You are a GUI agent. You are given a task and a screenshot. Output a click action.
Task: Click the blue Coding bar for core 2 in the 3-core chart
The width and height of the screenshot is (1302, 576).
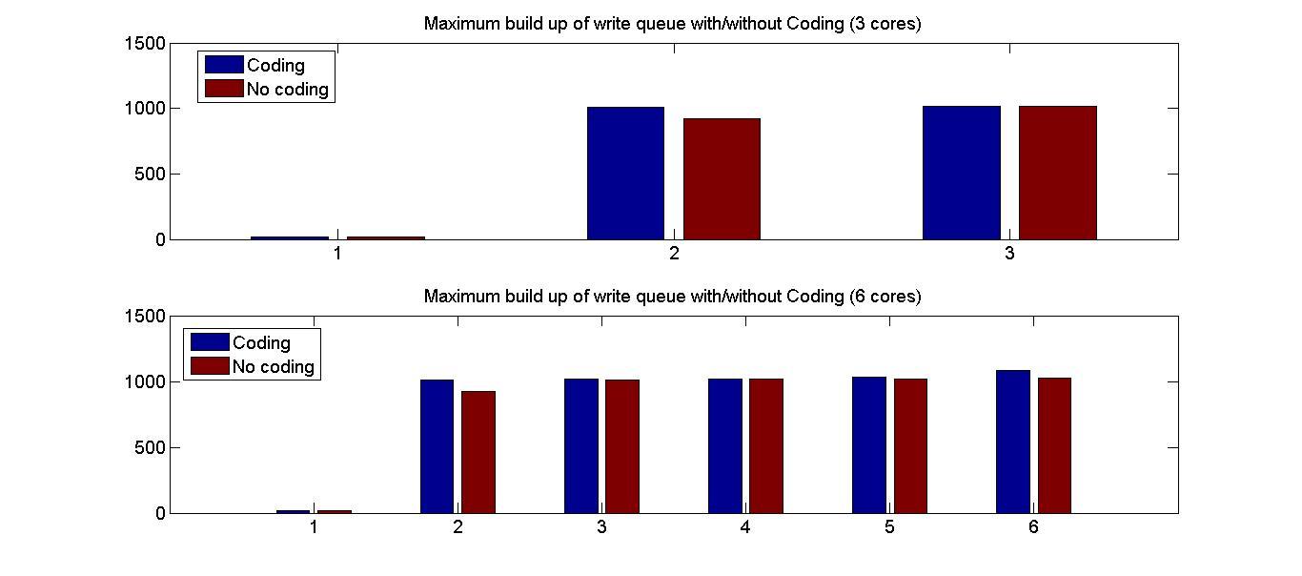tap(625, 174)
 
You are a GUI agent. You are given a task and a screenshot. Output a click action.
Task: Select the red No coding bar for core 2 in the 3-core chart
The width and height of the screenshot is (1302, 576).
tap(722, 179)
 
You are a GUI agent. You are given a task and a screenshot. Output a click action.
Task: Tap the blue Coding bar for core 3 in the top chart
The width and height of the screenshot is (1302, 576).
tap(961, 173)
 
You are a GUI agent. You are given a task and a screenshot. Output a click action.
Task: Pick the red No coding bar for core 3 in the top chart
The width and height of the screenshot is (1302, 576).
tap(1057, 173)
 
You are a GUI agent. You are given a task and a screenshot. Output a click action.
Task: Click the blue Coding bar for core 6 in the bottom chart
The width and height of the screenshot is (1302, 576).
tap(1012, 442)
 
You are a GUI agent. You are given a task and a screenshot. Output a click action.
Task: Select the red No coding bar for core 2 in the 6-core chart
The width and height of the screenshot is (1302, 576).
tap(478, 452)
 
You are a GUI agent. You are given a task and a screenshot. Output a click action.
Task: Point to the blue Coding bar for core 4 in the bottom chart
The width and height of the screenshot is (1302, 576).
tap(724, 446)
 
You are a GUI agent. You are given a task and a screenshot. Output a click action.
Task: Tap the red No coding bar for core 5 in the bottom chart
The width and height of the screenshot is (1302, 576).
tap(910, 446)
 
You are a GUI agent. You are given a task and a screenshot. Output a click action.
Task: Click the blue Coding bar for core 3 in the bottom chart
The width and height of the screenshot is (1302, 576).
tap(580, 446)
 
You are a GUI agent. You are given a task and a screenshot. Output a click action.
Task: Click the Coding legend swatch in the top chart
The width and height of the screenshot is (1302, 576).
tap(223, 65)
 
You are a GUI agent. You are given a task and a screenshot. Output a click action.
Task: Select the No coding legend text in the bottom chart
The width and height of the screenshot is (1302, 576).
tap(273, 367)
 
